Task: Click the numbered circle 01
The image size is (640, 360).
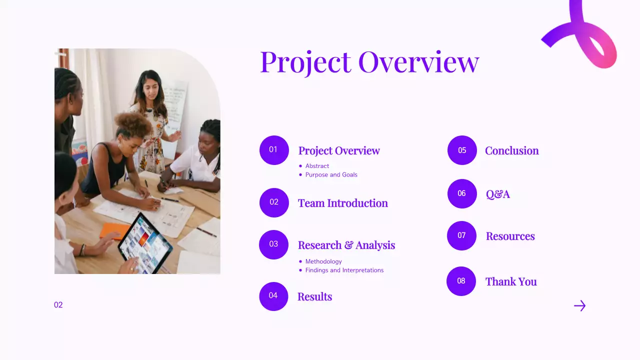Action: pos(274,150)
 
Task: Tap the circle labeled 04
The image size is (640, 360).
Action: pos(273,296)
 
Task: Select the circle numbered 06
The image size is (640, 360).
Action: pos(462,193)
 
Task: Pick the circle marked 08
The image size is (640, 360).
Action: pos(461,281)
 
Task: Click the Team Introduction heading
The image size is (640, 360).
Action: pos(343,203)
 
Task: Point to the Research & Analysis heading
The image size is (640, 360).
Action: pos(346,245)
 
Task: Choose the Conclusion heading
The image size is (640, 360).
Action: pos(512,150)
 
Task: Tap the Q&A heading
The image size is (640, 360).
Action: pos(498,194)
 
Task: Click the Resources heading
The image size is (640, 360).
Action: pos(510,236)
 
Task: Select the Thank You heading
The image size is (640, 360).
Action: pos(511,281)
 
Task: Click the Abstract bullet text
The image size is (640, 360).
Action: pos(317,166)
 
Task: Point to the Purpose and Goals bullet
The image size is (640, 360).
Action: pos(331,175)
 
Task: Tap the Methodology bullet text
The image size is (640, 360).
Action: pos(323,261)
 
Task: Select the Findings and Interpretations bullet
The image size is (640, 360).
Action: pos(344,270)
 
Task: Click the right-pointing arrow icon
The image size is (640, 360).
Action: pos(579,305)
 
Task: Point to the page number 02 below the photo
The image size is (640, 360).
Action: pos(58,305)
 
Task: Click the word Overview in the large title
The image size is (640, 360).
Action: pos(418,62)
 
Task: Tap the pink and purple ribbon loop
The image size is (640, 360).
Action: pos(590,37)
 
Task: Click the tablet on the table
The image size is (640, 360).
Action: pos(144,243)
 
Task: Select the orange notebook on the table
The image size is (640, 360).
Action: pos(114,230)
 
